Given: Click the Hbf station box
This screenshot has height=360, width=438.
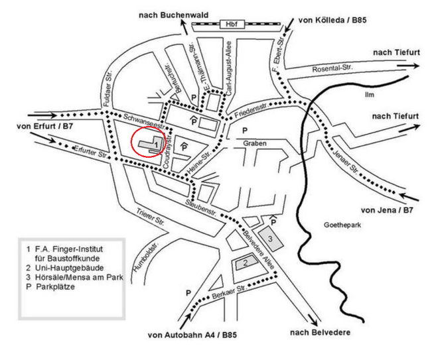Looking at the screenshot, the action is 232,25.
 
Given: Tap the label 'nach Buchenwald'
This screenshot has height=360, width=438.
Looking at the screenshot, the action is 173,15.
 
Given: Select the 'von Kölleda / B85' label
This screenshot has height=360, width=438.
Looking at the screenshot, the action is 332,20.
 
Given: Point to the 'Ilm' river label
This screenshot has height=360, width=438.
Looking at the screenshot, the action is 369,95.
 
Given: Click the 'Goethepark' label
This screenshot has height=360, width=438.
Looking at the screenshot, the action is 342,225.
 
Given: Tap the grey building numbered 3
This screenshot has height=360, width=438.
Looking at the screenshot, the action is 270,238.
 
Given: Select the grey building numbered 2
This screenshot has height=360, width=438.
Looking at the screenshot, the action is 246,263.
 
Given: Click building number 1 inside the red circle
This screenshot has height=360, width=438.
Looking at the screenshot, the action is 151,143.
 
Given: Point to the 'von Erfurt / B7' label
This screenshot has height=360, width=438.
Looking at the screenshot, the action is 44,127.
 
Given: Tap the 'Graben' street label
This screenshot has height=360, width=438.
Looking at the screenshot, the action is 254,143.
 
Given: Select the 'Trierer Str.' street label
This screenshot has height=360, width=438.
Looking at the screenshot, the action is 150,217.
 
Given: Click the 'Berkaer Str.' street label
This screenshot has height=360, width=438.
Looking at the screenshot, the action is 229,292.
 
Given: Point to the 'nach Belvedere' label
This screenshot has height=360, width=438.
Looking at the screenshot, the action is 320,332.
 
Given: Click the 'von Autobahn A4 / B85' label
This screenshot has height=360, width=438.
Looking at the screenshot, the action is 192,335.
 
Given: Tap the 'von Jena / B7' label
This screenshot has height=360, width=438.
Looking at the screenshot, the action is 387,210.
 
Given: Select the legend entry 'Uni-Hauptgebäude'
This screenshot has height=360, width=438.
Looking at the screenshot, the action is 69,268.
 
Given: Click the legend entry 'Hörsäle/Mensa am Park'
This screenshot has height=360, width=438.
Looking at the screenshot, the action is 79,277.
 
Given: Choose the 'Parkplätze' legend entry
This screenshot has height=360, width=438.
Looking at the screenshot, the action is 55,286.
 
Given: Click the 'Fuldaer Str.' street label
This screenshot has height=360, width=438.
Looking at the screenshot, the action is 108,88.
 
